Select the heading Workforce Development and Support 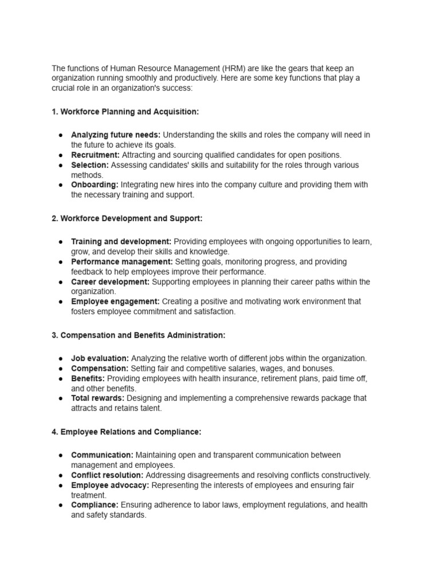click(127, 218)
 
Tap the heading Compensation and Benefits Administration click(138, 335)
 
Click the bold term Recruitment click(95, 155)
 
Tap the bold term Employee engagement click(115, 301)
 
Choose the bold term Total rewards click(97, 398)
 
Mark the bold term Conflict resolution click(107, 475)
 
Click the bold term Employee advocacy click(110, 485)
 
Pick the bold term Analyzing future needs click(116, 135)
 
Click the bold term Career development click(110, 281)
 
